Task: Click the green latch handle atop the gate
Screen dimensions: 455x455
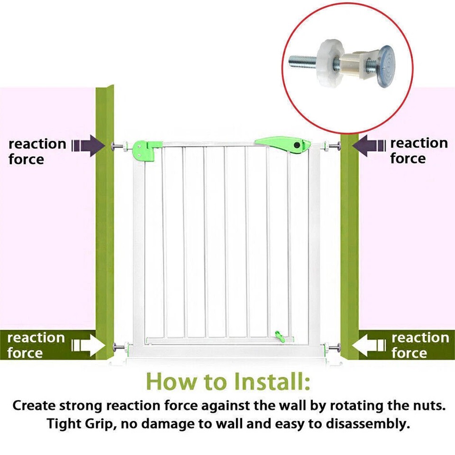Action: pyautogui.click(x=282, y=144)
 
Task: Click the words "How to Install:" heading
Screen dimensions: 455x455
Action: pyautogui.click(x=227, y=381)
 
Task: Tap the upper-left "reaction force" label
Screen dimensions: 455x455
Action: pyautogui.click(x=37, y=151)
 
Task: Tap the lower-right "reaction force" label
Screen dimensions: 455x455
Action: pyautogui.click(x=420, y=345)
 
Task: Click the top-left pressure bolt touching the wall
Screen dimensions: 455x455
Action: pyautogui.click(x=119, y=146)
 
